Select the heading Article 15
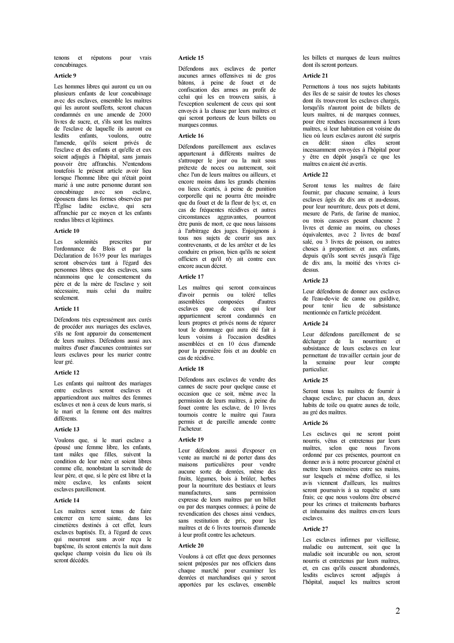pos(191,58)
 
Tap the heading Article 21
pos(315,76)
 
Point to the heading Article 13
pos(67,429)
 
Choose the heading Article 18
pos(191,369)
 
